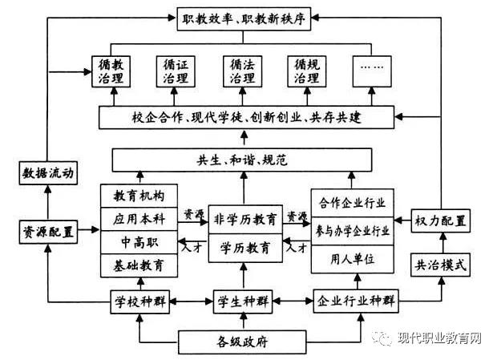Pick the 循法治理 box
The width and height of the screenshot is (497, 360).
[x=242, y=71]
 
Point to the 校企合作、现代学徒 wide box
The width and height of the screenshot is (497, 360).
[x=247, y=118]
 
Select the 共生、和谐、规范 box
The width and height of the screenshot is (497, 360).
[x=247, y=160]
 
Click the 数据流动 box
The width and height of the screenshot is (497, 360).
[x=46, y=172]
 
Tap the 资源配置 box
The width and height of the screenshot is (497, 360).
[x=46, y=233]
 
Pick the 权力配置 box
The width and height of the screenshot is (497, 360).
[x=440, y=220]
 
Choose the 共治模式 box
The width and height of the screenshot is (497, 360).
[x=440, y=264]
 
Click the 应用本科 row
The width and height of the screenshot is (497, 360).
[x=137, y=217]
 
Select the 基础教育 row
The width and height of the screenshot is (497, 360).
[x=137, y=263]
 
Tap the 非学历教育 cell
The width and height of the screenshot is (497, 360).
[x=247, y=218]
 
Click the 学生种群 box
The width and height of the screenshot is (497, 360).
[x=247, y=302]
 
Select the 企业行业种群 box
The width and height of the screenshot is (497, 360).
[x=356, y=302]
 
